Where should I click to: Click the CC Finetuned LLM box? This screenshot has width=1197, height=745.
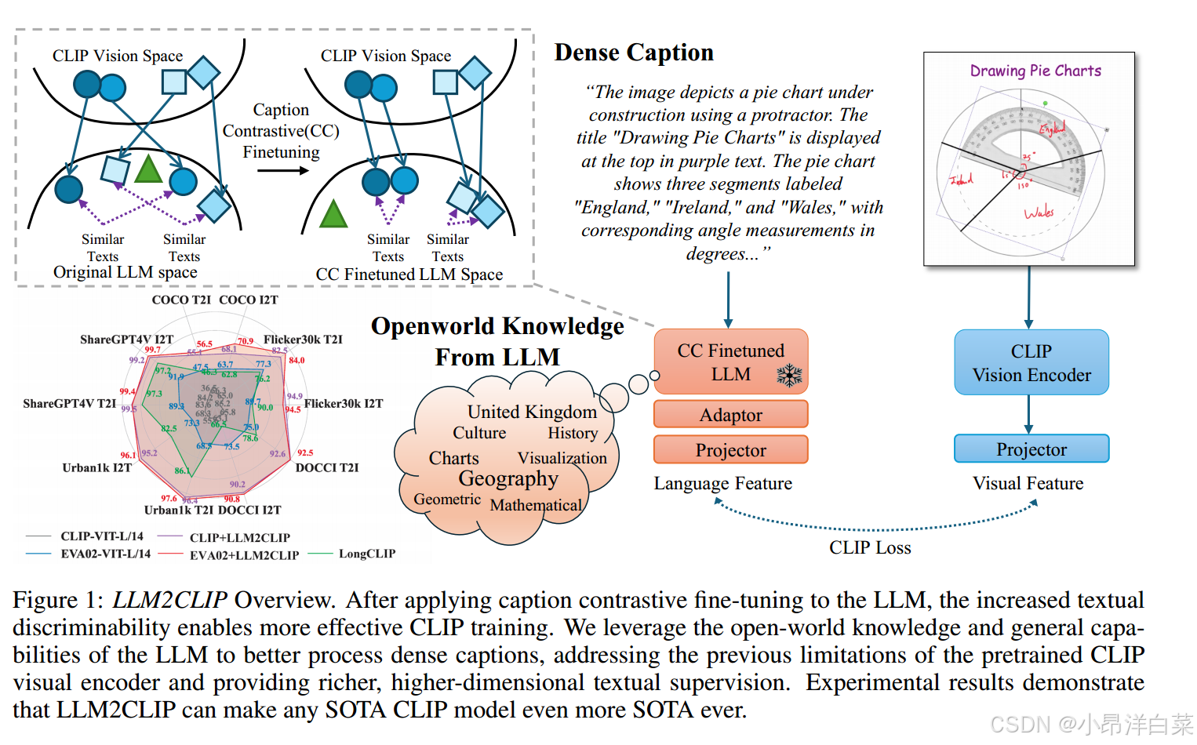pos(730,362)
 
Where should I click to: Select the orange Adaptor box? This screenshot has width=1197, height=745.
pos(730,415)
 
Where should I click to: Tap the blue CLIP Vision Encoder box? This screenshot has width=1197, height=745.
pos(1031,362)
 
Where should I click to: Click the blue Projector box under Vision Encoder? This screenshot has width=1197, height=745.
pos(1031,449)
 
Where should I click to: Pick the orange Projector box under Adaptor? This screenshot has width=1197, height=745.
pos(730,450)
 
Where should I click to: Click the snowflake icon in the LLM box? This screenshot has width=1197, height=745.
pos(789,376)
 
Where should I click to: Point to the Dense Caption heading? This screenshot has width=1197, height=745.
pos(634,53)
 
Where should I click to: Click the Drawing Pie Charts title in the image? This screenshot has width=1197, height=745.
pos(1035,71)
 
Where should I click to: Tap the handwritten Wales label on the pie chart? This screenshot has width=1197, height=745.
pos(1039,213)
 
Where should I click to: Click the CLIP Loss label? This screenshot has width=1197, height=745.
pos(870,547)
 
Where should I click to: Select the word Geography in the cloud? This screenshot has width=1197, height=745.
pos(508,478)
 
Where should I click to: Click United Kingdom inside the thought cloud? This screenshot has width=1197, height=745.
pos(532,412)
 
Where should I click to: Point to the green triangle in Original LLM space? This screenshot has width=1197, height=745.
pos(148,170)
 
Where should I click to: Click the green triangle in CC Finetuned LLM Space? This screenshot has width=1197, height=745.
pos(333,213)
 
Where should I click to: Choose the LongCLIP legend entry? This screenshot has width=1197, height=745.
pos(366,554)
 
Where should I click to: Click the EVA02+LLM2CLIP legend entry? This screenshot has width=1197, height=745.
pos(244,555)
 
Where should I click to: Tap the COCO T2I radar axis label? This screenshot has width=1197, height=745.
pos(181,300)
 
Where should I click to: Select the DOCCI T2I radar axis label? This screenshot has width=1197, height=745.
pos(326,467)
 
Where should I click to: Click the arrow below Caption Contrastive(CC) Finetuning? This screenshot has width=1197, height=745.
pos(282,170)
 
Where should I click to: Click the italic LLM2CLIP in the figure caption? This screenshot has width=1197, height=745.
pos(169,600)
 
